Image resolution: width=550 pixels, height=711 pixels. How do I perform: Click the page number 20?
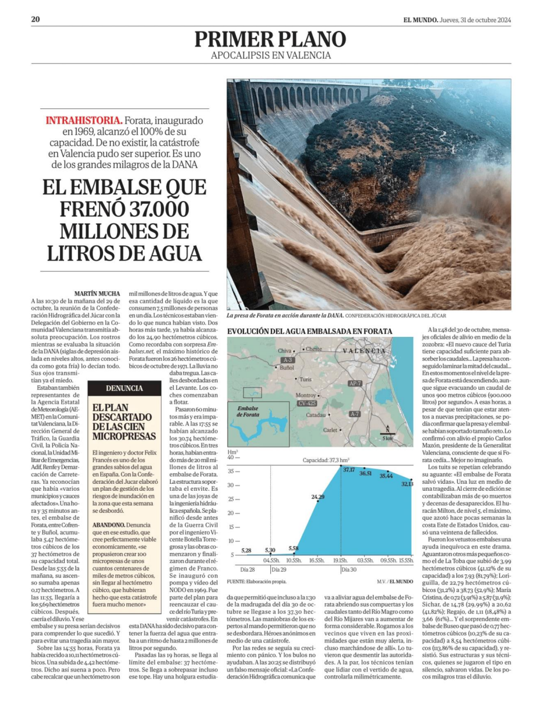click(x=36, y=19)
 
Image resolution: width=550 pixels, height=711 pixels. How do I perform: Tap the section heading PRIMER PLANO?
click(x=270, y=39)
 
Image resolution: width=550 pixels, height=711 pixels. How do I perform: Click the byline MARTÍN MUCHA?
click(x=97, y=293)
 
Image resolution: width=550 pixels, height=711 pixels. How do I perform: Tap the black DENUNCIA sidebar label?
click(x=124, y=388)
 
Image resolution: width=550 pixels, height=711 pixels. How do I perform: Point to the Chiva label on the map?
click(x=284, y=351)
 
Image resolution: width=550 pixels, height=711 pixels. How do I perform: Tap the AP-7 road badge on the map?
click(x=354, y=383)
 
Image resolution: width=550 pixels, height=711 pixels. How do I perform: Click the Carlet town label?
click(x=330, y=430)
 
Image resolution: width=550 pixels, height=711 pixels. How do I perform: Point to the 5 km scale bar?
click(x=387, y=436)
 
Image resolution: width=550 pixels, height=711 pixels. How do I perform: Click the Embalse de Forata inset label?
click(x=248, y=411)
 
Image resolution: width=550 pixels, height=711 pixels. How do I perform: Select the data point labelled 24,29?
click(x=318, y=497)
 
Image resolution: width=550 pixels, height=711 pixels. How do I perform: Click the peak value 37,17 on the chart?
click(x=348, y=470)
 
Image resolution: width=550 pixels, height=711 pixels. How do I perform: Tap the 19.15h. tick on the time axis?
click(x=340, y=560)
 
